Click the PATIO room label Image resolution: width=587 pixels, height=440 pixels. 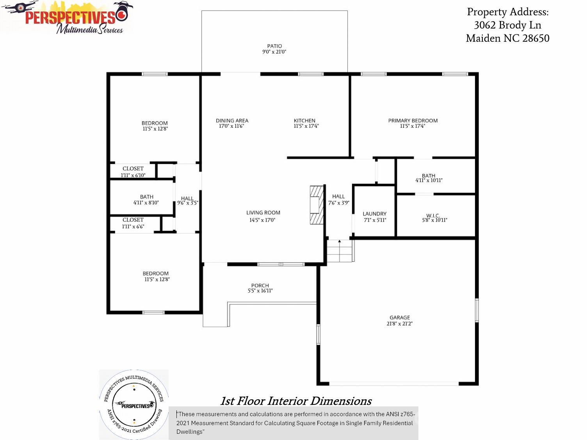tap(274, 46)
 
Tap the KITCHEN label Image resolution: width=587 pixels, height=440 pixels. tap(304, 121)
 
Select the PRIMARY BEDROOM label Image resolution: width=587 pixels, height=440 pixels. tap(413, 121)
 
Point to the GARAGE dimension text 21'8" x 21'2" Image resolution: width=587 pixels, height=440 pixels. tap(400, 324)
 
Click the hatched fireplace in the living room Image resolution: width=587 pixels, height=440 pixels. tap(317, 205)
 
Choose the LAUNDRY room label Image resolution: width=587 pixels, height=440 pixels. tap(374, 214)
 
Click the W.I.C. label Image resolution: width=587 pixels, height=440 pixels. tap(433, 215)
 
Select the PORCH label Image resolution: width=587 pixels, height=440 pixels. tap(260, 286)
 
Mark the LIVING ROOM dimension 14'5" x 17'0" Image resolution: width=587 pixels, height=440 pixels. tap(262, 220)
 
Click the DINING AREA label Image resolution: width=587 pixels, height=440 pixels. tap(232, 121)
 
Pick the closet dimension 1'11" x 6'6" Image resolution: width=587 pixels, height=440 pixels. tap(133, 226)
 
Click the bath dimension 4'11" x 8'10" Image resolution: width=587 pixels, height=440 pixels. tap(146, 202)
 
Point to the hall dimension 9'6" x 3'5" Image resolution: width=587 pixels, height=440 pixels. tap(188, 203)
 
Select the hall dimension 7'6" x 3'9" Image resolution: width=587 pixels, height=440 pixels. tap(339, 203)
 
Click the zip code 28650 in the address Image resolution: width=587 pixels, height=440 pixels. tap(535, 38)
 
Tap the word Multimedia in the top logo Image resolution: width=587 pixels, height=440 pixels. tap(76, 29)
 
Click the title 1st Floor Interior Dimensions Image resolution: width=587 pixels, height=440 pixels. tap(296, 401)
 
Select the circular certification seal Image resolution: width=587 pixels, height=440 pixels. tap(134, 404)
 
